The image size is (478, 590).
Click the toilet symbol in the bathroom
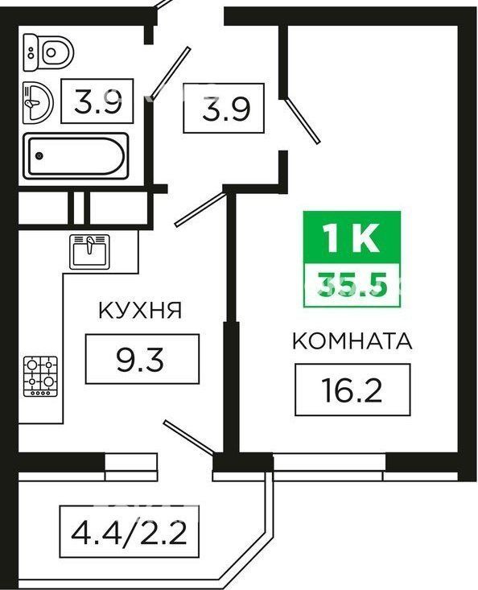tap(48, 52)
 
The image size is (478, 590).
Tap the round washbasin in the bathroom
tap(38, 102)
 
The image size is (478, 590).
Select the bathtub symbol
tap(76, 156)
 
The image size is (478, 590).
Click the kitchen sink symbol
tap(89, 252)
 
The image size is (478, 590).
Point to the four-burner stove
tap(40, 376)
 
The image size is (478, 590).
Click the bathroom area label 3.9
tap(98, 101)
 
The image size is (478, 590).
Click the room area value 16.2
tap(352, 390)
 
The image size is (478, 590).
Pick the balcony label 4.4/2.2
tap(129, 532)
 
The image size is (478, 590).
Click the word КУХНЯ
tap(140, 311)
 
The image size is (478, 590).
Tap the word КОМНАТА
tap(352, 341)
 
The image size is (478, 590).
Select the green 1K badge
tap(352, 237)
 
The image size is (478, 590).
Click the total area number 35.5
tap(352, 283)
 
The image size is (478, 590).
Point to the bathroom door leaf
tap(171, 72)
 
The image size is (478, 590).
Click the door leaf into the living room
tap(303, 121)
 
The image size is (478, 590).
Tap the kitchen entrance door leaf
tap(200, 209)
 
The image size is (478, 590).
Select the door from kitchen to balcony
tap(189, 436)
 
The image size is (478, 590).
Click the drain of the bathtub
tap(39, 156)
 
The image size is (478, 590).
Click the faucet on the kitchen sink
tap(89, 245)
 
